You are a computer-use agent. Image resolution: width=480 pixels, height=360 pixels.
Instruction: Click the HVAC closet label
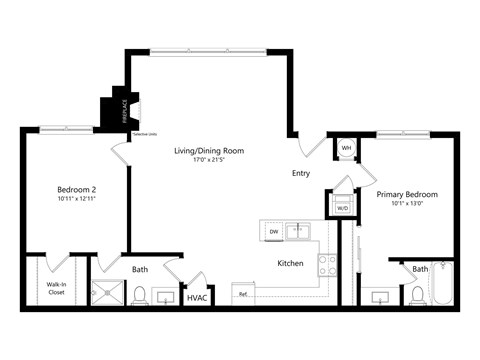click(x=196, y=297)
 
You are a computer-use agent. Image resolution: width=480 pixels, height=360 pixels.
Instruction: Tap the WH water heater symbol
click(x=347, y=149)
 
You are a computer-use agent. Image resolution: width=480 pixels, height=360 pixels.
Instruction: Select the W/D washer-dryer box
click(x=342, y=207)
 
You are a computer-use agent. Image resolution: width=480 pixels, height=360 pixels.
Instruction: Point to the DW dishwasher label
click(x=274, y=232)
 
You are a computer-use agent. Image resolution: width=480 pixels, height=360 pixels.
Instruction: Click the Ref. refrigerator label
click(x=243, y=295)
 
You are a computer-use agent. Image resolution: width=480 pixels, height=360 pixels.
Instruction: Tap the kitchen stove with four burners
click(x=327, y=265)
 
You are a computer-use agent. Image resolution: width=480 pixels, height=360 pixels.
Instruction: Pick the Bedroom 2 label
click(x=76, y=188)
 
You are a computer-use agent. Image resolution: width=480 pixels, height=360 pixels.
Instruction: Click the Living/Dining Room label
click(x=209, y=151)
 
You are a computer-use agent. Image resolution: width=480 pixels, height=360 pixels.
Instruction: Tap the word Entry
click(x=301, y=173)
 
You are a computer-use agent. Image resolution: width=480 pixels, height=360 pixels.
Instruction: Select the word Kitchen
click(x=290, y=263)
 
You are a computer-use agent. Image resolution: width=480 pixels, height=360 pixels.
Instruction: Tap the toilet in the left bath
click(x=141, y=294)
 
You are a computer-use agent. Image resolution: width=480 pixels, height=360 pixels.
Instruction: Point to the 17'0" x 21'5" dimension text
click(x=209, y=161)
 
